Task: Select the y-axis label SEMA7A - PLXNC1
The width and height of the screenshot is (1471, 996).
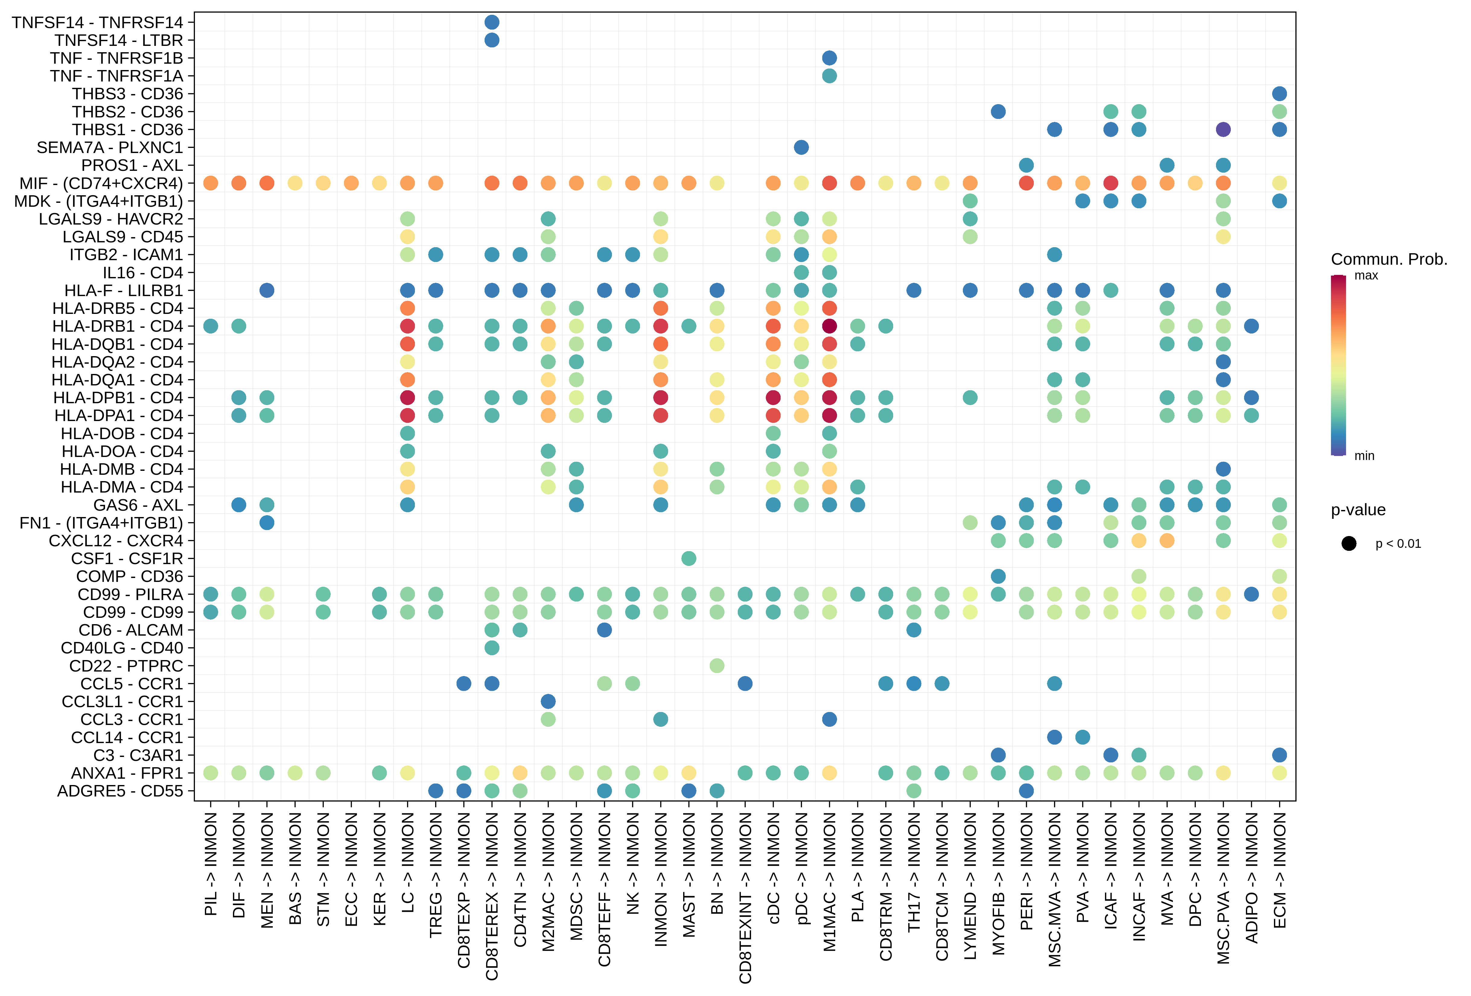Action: point(110,148)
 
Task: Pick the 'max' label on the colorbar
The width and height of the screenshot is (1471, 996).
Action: point(1366,276)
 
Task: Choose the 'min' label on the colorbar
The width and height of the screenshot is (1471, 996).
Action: point(1364,456)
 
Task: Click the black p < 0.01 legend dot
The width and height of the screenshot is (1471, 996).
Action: point(1349,543)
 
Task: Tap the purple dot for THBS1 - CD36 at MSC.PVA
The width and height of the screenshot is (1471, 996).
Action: point(1223,130)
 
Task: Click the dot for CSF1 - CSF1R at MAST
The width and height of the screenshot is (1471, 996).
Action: point(689,558)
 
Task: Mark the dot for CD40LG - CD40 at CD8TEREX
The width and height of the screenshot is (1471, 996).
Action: point(492,648)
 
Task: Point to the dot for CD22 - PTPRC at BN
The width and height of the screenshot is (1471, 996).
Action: point(717,666)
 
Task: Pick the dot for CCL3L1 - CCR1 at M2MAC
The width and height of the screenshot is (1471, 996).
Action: point(548,701)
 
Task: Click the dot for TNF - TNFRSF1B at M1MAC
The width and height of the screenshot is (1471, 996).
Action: point(829,58)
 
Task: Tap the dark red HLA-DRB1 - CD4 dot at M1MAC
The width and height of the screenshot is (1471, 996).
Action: point(829,326)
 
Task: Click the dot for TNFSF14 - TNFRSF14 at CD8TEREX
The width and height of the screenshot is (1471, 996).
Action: point(492,22)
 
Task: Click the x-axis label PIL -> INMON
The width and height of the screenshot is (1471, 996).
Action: point(211,864)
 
